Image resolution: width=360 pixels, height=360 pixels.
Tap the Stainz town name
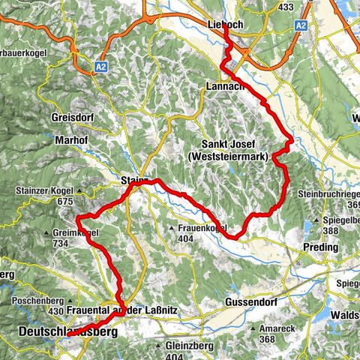click(x=134, y=181)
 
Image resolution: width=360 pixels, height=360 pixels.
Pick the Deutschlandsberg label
click(x=58, y=330)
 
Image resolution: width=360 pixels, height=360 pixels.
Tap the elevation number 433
click(x=286, y=7)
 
